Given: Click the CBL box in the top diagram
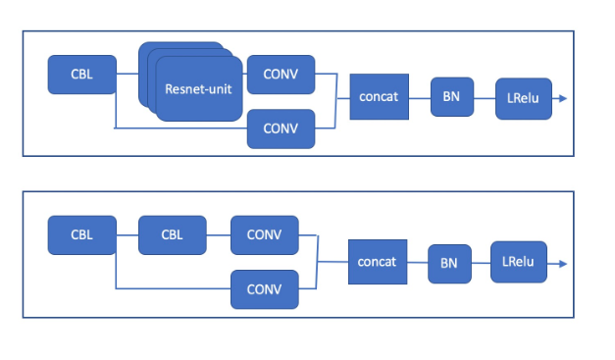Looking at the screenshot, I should coord(81,74).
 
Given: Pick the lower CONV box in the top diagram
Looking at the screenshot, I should coord(282,128).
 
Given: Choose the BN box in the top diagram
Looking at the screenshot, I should coord(452,96).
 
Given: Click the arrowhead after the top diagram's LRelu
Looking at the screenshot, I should coord(562,98).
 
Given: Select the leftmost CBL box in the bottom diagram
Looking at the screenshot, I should coord(81,234).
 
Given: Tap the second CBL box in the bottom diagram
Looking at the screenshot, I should coord(173,234).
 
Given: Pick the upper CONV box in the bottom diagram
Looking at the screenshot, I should coord(264,234).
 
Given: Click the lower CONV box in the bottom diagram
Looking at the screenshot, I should coord(264,288).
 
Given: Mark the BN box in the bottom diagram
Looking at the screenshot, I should coord(448,263).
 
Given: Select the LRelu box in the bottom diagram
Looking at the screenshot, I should coord(517,262).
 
